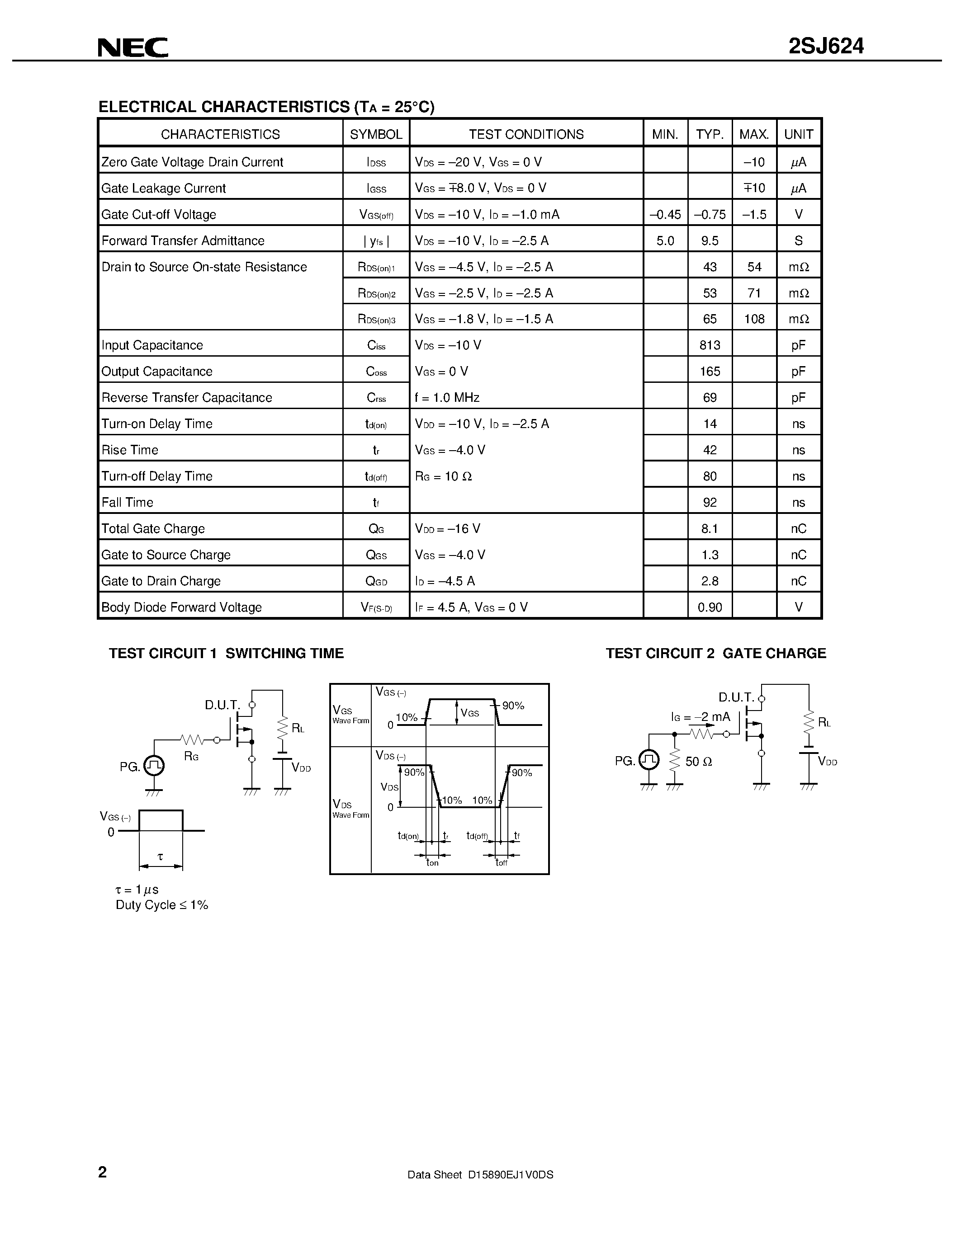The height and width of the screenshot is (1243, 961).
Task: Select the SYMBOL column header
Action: pos(376,134)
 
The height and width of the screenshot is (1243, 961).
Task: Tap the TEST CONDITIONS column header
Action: pos(526,134)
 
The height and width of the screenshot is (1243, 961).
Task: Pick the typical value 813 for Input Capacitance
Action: pos(710,345)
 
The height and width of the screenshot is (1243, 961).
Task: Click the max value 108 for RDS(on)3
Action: pos(754,319)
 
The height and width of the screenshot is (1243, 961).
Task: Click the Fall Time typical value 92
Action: pos(710,503)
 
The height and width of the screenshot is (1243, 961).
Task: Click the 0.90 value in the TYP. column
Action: pos(710,607)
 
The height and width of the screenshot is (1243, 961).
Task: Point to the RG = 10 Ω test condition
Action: pos(444,476)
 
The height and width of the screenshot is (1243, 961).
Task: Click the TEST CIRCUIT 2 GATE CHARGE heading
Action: pos(715,654)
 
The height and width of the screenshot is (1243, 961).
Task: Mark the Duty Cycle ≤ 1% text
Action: pos(162,905)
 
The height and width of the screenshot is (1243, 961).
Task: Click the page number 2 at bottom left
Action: pos(103,1172)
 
